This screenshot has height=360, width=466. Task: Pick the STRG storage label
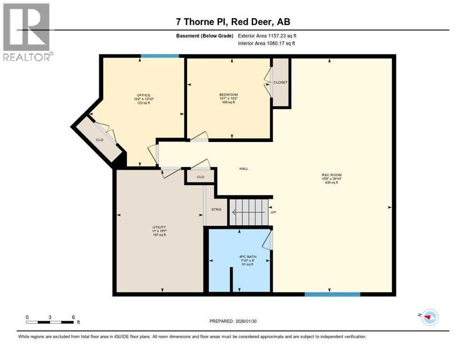[x=216, y=209]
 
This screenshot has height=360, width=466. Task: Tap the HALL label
[x=244, y=169]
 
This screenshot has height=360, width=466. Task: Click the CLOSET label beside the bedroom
[x=280, y=82]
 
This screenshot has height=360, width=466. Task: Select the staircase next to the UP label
[x=248, y=212]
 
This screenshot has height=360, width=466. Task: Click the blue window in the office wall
[x=159, y=56]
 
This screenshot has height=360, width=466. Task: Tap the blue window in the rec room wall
[x=332, y=294]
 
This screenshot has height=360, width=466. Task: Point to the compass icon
[x=429, y=317]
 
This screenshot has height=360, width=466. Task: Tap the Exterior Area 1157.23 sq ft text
[x=267, y=36]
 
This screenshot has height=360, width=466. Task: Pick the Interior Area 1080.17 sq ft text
[x=267, y=44]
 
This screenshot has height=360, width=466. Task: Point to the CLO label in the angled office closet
[x=99, y=139]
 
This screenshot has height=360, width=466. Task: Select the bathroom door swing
[x=268, y=240]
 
